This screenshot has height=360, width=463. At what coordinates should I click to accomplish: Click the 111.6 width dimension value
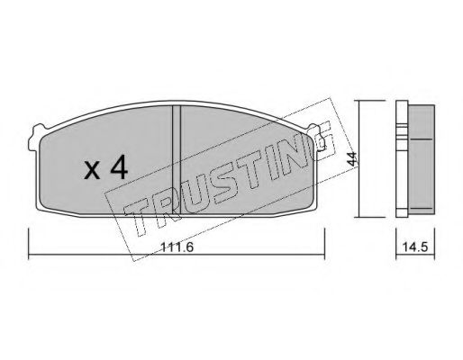177,247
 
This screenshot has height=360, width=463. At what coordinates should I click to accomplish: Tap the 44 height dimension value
351,159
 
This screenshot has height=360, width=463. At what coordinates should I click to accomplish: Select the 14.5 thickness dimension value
415,247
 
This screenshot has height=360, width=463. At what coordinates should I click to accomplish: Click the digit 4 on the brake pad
119,168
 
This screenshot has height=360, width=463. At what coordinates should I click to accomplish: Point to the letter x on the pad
92,171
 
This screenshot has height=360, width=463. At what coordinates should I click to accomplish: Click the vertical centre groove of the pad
177,159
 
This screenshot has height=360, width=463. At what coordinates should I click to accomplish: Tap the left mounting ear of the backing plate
35,137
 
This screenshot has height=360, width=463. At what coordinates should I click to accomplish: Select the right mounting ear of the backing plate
317,137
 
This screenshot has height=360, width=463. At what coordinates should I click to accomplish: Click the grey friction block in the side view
421,159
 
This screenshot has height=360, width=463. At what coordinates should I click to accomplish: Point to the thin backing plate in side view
402,158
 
